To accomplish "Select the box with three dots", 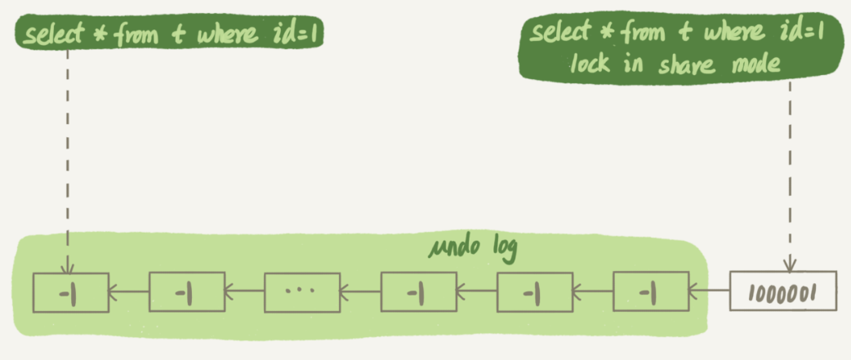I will [x=302, y=291].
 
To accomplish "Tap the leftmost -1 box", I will [x=70, y=291].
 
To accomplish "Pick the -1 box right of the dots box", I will [x=418, y=291].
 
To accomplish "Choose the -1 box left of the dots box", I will [x=186, y=291].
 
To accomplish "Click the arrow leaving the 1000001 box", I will [x=709, y=290].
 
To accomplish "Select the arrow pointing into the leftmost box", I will [x=128, y=290].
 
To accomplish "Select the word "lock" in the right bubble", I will [x=590, y=62].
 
